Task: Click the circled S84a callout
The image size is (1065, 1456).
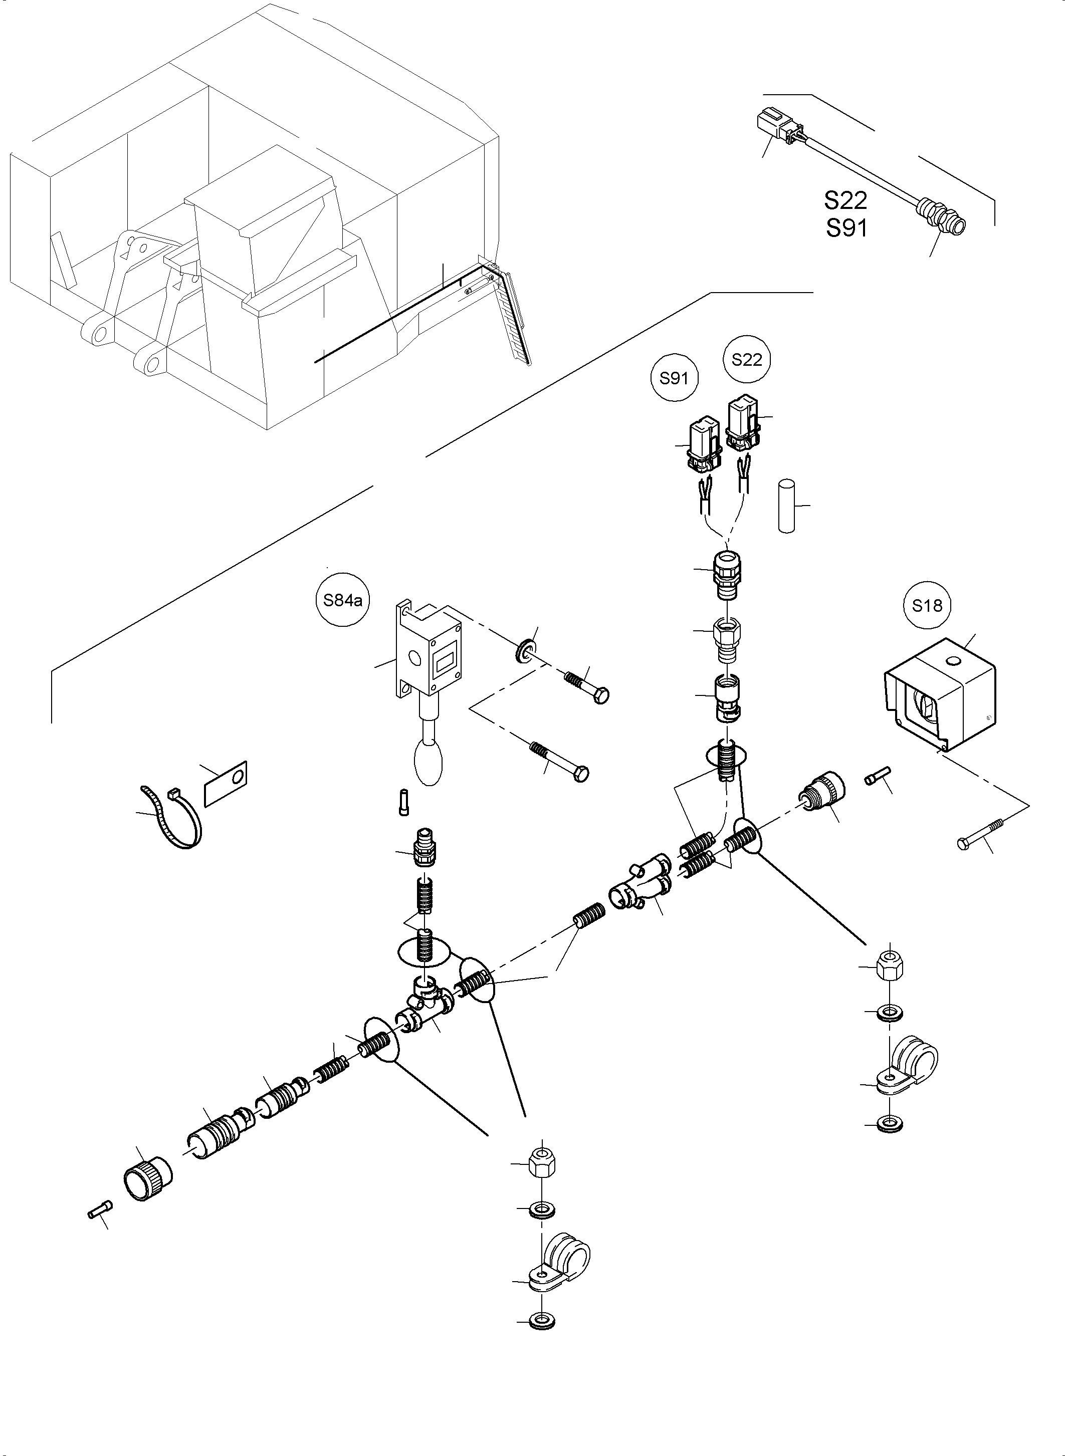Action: tap(343, 601)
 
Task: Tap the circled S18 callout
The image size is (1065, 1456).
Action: tap(927, 605)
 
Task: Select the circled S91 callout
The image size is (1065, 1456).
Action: tap(674, 378)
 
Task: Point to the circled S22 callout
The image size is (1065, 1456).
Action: tap(747, 360)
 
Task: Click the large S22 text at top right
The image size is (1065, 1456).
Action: tap(845, 200)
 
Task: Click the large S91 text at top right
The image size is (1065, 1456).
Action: tap(846, 227)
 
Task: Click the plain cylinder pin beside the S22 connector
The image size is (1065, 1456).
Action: tap(786, 506)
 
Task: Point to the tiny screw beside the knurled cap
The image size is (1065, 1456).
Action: tap(99, 1210)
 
